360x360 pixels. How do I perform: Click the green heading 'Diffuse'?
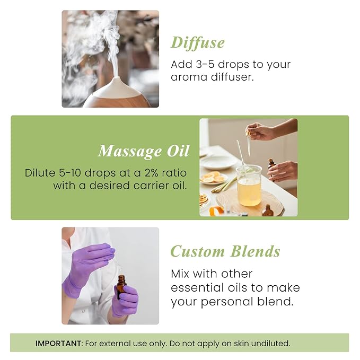point(198,42)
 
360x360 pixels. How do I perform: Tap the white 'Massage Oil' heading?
point(144,151)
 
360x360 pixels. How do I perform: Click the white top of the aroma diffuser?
point(116,87)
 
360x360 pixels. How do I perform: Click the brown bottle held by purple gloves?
point(121,286)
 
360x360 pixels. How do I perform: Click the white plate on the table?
point(217,162)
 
